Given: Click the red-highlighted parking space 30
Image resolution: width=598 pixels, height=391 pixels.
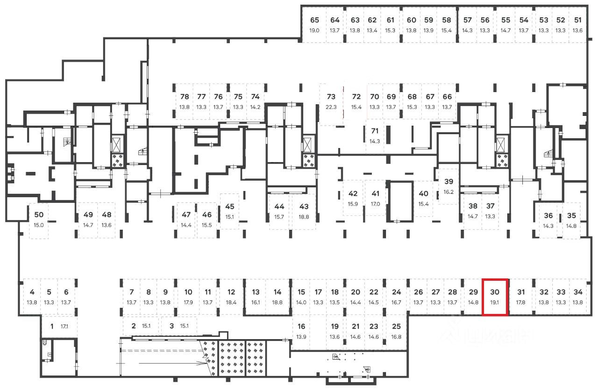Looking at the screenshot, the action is (495, 297).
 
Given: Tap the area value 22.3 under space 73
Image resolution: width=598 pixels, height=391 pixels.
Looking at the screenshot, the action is (331, 107).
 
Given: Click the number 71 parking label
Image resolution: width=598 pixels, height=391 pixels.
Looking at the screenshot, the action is (375, 131).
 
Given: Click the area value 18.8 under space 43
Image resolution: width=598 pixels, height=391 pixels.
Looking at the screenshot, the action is (304, 217).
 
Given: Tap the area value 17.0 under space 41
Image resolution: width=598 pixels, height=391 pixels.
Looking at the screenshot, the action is (375, 204).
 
